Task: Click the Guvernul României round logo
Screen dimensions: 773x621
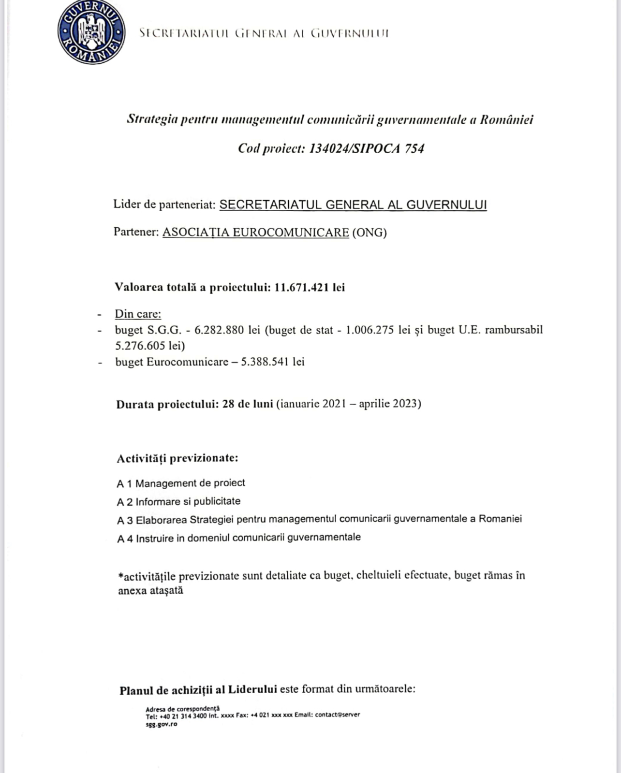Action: (x=91, y=32)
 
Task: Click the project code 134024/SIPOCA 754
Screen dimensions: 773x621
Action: (x=366, y=148)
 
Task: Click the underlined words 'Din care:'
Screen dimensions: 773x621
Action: (x=138, y=314)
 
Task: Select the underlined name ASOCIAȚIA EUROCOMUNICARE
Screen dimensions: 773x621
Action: (x=255, y=233)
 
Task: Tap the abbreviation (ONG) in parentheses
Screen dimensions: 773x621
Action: (x=370, y=233)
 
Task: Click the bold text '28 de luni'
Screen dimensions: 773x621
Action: (x=248, y=404)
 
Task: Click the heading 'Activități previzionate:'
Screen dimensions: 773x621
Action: (x=177, y=458)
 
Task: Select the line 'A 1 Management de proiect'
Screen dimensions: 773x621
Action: (x=181, y=483)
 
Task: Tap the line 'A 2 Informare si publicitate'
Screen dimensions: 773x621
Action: (x=178, y=502)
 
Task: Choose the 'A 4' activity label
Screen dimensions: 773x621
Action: (x=125, y=538)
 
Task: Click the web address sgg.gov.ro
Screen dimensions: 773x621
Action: (x=162, y=724)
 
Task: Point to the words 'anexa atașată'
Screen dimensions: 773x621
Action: (x=150, y=591)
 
